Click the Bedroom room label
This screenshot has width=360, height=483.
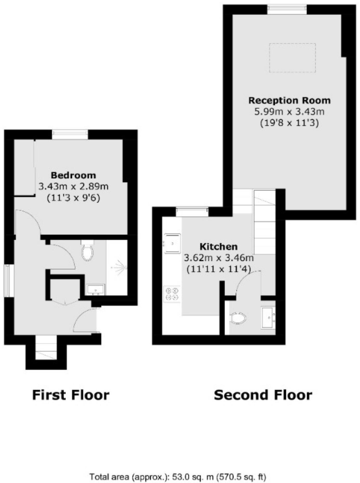73,175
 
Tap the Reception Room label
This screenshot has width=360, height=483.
289,100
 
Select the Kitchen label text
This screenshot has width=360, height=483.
218,247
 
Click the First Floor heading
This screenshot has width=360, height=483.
71,395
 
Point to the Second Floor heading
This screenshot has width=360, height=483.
263,395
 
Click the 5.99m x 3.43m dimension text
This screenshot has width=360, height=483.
289,112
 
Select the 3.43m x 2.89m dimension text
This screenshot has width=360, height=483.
73,187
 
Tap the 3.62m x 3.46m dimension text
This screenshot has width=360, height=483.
218,258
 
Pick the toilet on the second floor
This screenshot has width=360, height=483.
238,318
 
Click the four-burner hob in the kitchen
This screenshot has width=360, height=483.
172,294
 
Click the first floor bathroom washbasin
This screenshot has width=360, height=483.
96,290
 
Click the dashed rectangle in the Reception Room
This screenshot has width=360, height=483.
292,58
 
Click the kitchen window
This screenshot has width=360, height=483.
192,211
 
